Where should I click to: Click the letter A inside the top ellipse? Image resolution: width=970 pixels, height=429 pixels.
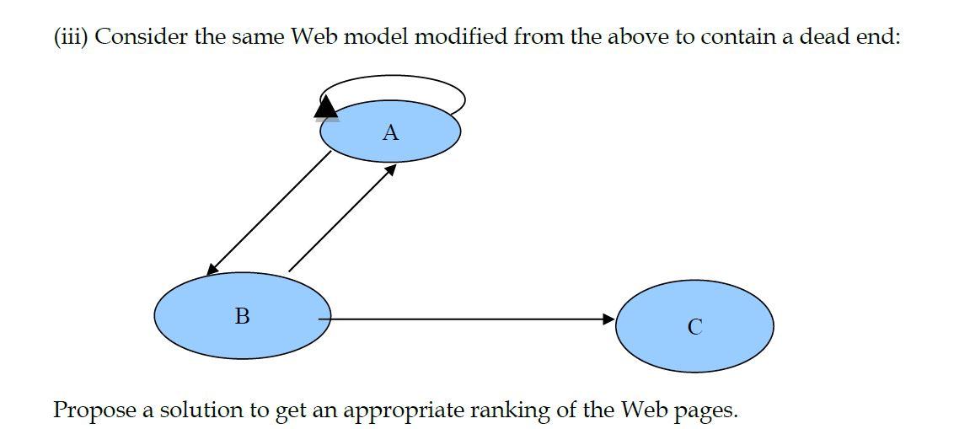click(x=389, y=132)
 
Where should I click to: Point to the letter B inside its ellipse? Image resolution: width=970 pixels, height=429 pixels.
click(x=242, y=316)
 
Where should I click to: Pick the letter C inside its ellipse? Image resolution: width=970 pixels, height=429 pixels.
click(x=694, y=327)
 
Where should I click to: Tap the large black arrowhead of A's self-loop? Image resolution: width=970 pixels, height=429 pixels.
click(x=326, y=106)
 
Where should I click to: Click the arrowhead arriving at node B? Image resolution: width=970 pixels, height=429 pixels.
click(x=212, y=269)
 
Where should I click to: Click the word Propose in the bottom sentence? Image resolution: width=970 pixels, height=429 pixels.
click(x=93, y=410)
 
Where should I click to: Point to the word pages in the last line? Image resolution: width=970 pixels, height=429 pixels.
click(x=708, y=410)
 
